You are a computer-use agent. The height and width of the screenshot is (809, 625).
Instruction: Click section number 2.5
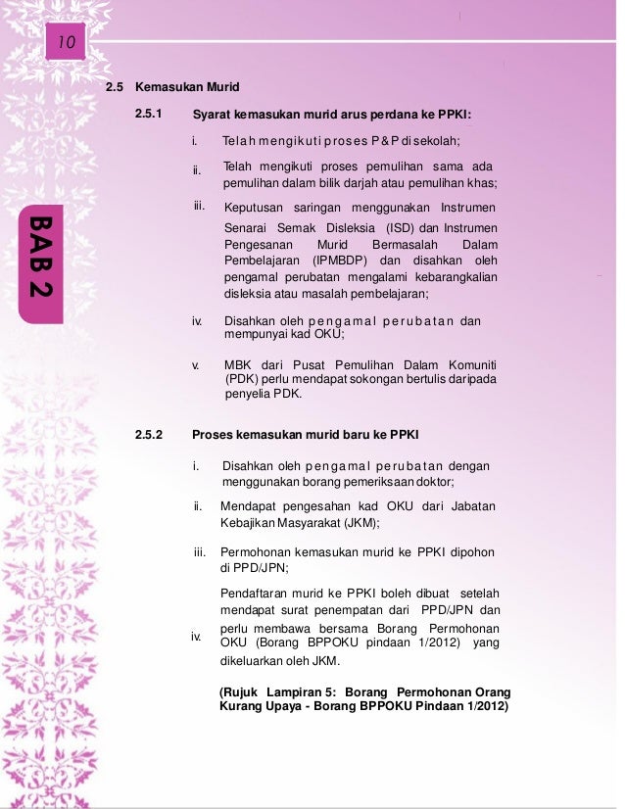[116, 86]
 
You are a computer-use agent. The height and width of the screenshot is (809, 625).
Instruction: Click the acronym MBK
[238, 365]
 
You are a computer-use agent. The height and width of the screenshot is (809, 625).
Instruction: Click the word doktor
[436, 481]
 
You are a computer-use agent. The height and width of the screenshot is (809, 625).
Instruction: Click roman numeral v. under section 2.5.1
[196, 365]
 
